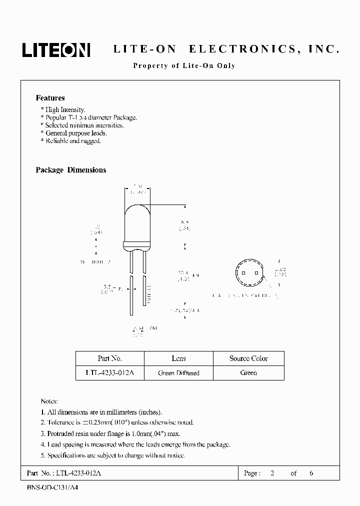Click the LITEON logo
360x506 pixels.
(55, 49)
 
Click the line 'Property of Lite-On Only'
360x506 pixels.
(183, 65)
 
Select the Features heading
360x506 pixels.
(50, 98)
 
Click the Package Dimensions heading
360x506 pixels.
(70, 170)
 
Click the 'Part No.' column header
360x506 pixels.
(110, 358)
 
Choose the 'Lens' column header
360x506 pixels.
(178, 358)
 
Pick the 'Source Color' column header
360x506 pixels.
(248, 358)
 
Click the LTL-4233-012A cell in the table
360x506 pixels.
(110, 373)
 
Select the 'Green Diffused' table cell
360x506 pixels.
(178, 373)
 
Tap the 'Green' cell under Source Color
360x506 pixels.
(248, 373)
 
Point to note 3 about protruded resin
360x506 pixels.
(110, 433)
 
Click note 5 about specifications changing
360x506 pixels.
(112, 455)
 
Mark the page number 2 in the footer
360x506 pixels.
(272, 473)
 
